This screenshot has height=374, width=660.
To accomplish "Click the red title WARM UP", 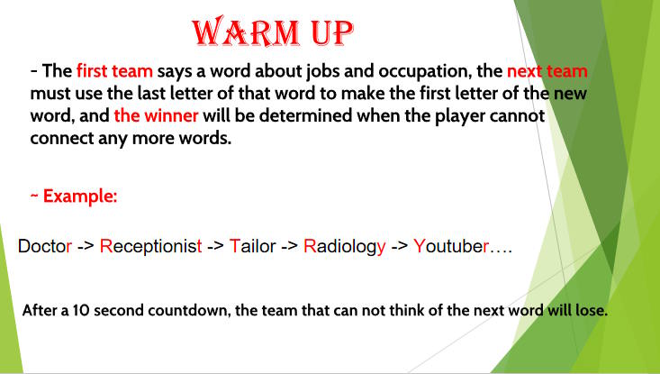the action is tap(273, 32).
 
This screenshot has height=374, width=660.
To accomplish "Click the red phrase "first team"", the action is tap(114, 71).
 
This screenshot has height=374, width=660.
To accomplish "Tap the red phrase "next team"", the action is tap(547, 71).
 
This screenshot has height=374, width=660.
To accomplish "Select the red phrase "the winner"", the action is tap(156, 115).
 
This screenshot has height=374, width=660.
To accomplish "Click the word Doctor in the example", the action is tap(45, 246).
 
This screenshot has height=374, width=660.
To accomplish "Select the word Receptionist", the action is tap(150, 246).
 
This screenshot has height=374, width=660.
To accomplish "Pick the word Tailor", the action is tap(252, 246).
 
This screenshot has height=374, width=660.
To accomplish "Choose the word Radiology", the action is tap(344, 246).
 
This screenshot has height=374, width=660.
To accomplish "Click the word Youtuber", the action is tap(451, 246).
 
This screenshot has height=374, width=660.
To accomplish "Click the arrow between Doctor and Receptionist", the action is tap(86, 246).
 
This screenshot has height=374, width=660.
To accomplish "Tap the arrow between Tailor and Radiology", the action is tap(290, 246).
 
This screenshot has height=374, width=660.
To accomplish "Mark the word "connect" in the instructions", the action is tap(62, 138).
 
